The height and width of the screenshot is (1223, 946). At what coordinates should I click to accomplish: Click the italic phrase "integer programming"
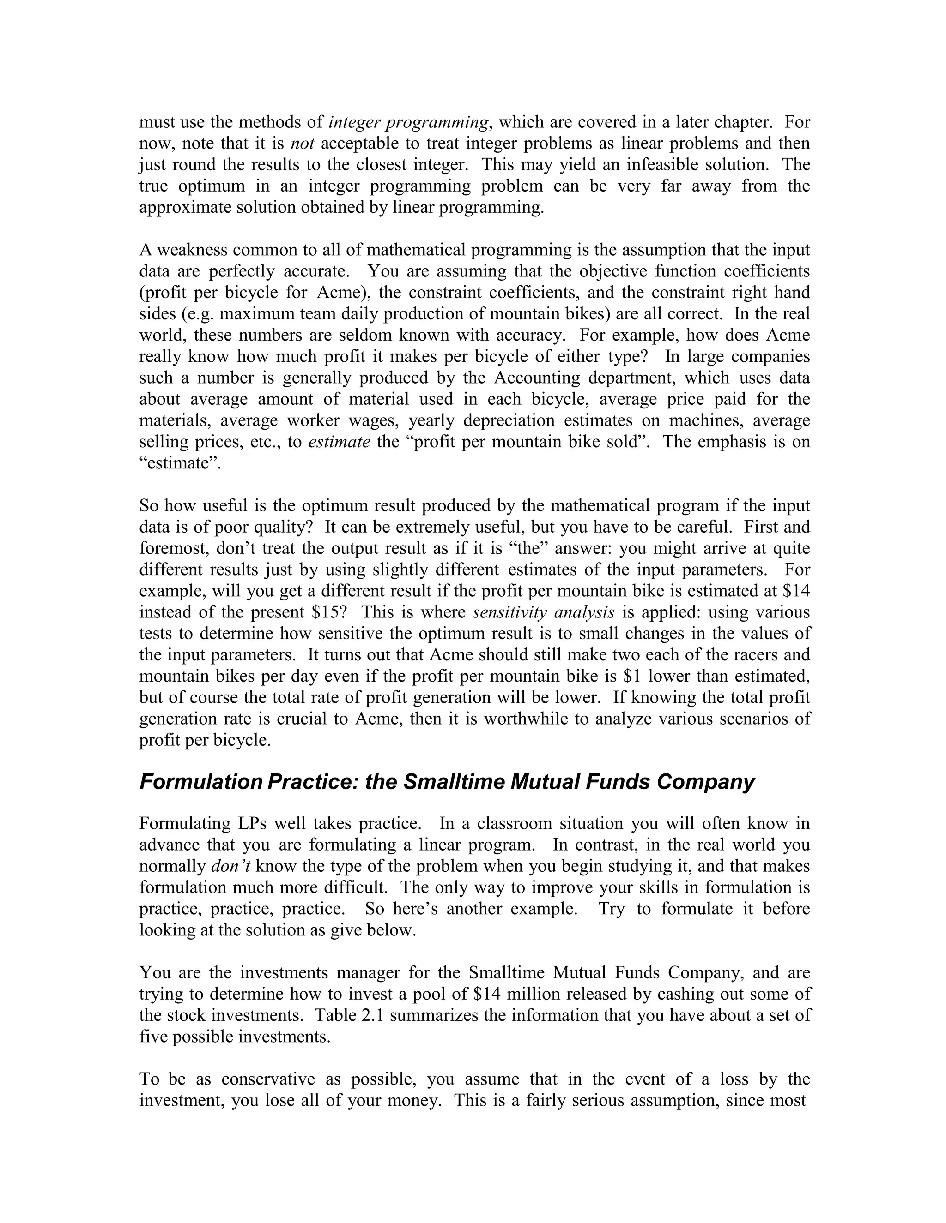point(408,122)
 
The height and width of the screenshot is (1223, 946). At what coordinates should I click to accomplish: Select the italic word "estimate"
point(339,442)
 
